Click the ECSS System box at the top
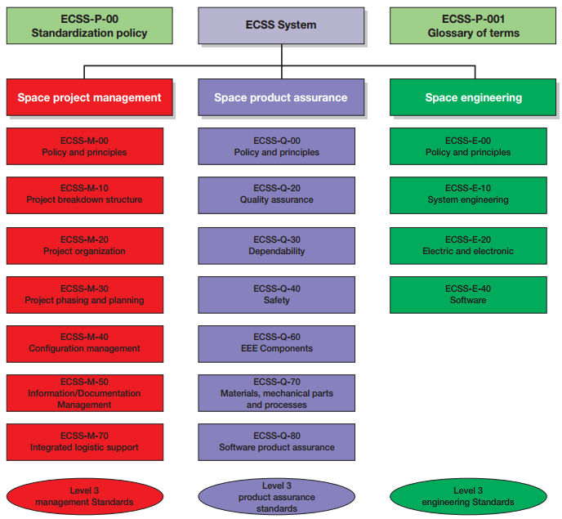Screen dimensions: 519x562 pyautogui.click(x=281, y=25)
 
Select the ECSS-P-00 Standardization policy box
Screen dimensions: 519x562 pyautogui.click(x=89, y=25)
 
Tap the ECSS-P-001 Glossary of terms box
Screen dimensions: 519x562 pyautogui.click(x=467, y=25)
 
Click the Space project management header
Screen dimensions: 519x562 pyautogui.click(x=89, y=97)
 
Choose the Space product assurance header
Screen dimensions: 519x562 pyautogui.click(x=281, y=97)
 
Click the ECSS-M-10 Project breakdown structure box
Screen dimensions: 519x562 pyautogui.click(x=84, y=195)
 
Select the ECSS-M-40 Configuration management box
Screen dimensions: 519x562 pyautogui.click(x=84, y=343)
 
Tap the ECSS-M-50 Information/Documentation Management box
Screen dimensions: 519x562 pyautogui.click(x=84, y=393)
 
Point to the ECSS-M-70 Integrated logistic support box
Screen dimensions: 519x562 pyautogui.click(x=84, y=442)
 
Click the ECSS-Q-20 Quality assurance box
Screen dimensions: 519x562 pyautogui.click(x=276, y=195)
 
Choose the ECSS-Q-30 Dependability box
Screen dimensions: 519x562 pyautogui.click(x=276, y=245)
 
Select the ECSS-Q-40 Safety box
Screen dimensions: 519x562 pyautogui.click(x=276, y=294)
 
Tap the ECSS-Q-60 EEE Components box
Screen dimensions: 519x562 pyautogui.click(x=276, y=343)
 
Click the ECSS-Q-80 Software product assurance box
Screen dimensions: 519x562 pyautogui.click(x=276, y=442)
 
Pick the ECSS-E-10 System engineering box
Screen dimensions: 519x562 pyautogui.click(x=468, y=195)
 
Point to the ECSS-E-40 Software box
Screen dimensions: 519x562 pyautogui.click(x=468, y=294)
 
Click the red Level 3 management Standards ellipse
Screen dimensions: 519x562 pyautogui.click(x=85, y=496)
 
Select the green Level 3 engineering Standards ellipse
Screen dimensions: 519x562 pyautogui.click(x=468, y=496)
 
